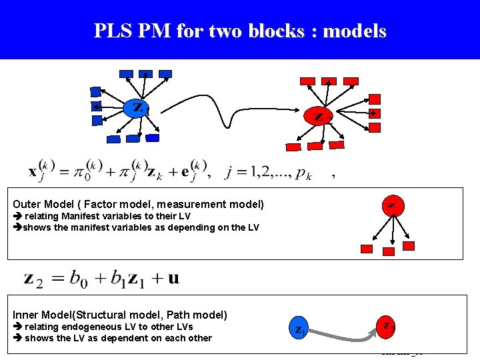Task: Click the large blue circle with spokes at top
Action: pos(136,107)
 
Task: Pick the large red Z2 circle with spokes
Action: pos(319,115)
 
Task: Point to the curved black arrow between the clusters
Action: pos(227,111)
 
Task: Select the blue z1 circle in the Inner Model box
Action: pos(300,328)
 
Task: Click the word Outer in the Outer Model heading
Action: pos(27,204)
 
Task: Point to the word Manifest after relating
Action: pos(79,216)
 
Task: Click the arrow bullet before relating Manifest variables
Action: pos(17,216)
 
